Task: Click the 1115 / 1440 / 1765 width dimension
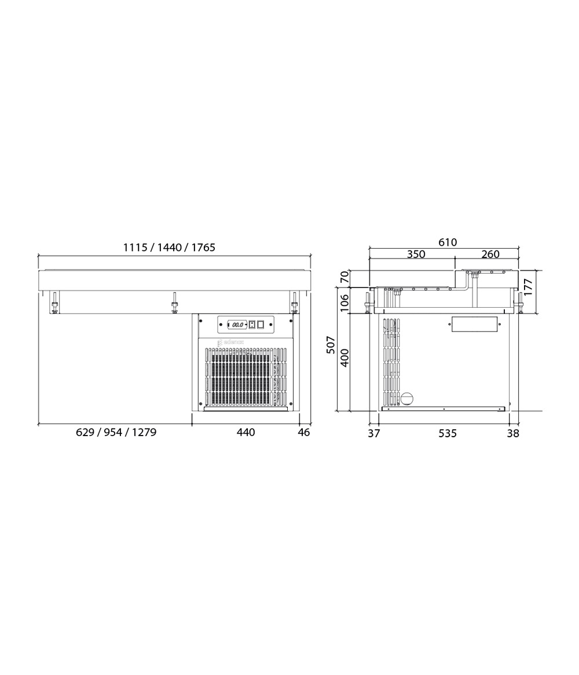coord(169,248)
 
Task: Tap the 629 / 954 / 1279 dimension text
coord(116,432)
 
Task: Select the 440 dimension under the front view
coord(245,432)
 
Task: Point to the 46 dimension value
coord(304,432)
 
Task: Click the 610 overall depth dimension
coord(448,242)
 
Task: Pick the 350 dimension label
coord(416,254)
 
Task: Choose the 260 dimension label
coord(490,254)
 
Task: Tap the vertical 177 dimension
coord(529,287)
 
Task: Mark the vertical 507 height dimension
coord(331,345)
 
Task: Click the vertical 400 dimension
coord(345,357)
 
